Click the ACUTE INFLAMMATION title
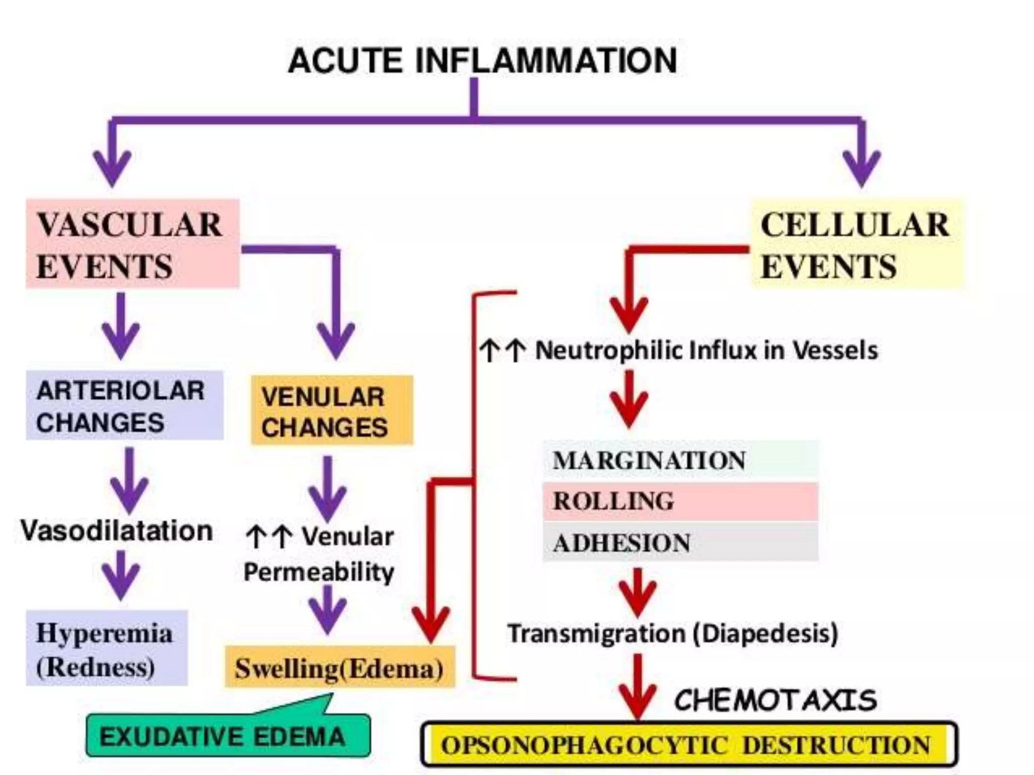point(482,61)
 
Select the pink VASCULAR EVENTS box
point(132,244)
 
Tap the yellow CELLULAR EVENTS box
point(857,244)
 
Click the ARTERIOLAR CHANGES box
point(124,406)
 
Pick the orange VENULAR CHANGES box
point(332,411)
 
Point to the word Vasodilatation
point(117,531)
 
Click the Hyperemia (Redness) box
point(107,648)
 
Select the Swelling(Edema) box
point(339,668)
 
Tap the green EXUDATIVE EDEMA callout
point(227,736)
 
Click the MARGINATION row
point(680,460)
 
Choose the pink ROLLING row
point(680,501)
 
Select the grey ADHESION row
point(680,542)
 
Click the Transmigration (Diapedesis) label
point(673,633)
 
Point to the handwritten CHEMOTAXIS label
point(775,700)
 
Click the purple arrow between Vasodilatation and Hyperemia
point(120,575)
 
